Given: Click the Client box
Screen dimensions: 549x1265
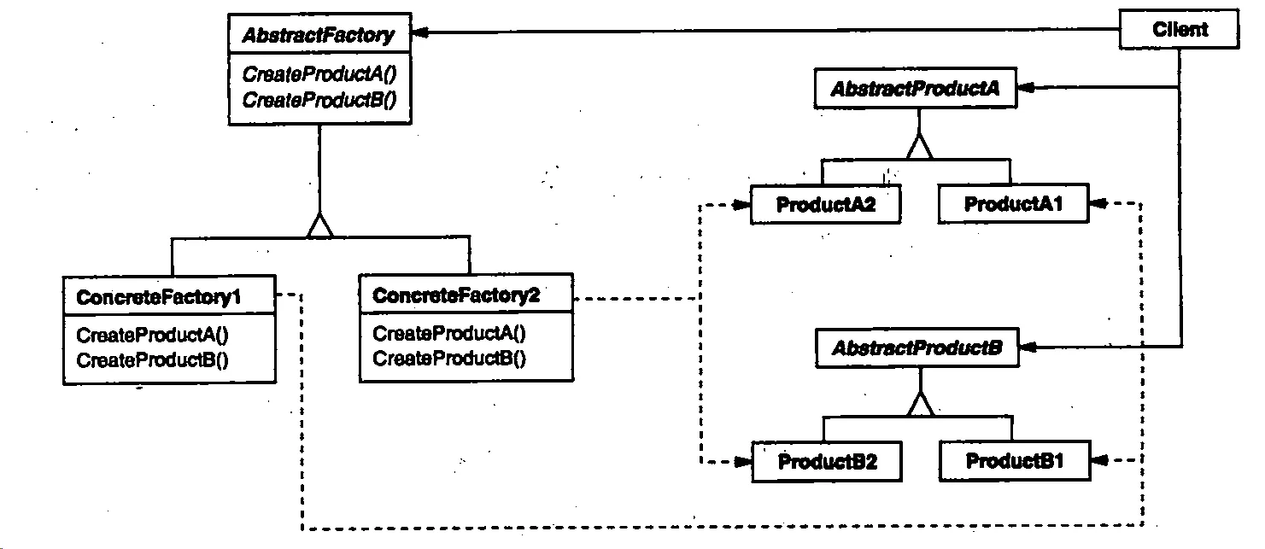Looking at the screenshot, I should coord(1180,31).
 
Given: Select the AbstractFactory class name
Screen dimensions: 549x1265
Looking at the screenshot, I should coord(318,36).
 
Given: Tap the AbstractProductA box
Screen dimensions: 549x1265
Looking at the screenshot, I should coord(916,90).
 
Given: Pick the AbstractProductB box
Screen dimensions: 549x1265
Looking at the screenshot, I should coord(917,348).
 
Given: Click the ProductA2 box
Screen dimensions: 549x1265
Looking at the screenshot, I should coord(825,205).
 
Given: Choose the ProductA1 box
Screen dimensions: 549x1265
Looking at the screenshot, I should coord(1013,205).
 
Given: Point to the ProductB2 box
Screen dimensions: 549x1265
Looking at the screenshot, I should coord(826,462).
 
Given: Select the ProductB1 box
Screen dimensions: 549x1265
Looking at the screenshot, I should coord(1015,462).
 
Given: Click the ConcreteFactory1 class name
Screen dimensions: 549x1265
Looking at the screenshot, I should coord(159,297).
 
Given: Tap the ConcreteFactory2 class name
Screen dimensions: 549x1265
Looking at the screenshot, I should coord(456,296).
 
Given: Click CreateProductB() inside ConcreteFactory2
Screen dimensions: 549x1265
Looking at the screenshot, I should coord(449,359).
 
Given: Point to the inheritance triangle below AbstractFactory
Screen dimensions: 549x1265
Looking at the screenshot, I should coord(319,225).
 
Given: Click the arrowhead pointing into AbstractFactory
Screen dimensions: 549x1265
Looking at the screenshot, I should coord(419,34).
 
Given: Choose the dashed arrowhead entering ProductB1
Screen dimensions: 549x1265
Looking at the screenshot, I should coord(1099,461).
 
